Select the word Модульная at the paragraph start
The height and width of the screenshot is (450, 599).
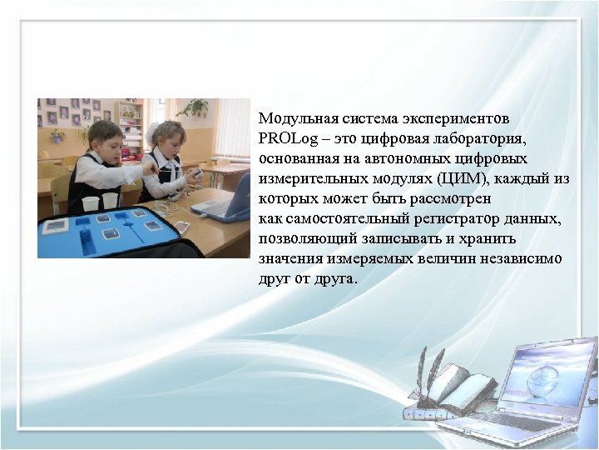point(296,117)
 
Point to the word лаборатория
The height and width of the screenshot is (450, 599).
point(482,138)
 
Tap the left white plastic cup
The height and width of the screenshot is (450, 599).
point(89,203)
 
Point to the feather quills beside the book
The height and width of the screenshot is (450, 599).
point(431,367)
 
